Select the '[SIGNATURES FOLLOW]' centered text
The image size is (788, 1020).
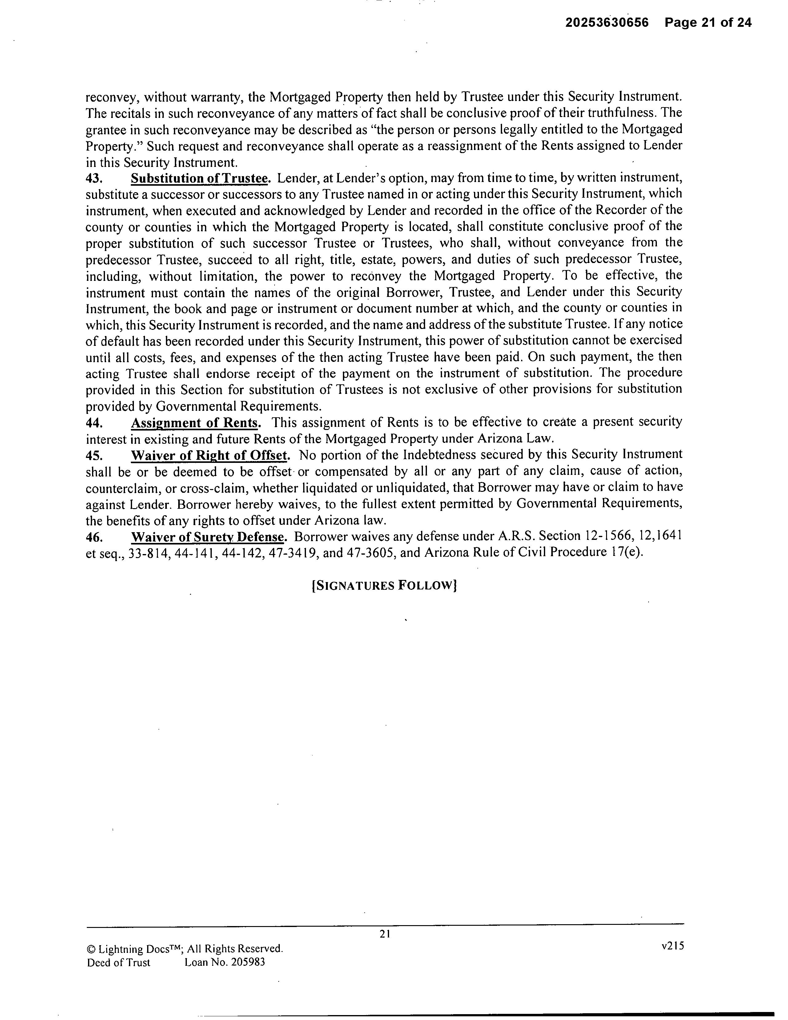[x=384, y=586]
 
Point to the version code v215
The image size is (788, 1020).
[x=672, y=946]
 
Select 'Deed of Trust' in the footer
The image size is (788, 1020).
[x=119, y=962]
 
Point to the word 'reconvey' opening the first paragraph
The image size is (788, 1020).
[x=112, y=98]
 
